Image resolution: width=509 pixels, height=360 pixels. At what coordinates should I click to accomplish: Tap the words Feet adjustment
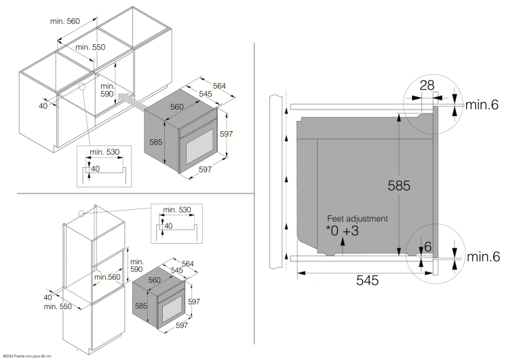pos(358,219)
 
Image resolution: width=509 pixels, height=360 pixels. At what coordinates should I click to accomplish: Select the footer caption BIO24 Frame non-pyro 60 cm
pos(28,356)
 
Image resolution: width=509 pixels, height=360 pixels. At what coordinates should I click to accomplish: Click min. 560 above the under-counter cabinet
pos(65,21)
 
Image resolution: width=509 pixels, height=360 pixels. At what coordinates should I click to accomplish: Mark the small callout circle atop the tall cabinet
pos(81,213)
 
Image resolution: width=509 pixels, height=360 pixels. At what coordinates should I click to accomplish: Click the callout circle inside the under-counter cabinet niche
pos(81,87)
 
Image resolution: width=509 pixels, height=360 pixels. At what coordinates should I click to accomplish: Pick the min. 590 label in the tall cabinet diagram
pos(137,266)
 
